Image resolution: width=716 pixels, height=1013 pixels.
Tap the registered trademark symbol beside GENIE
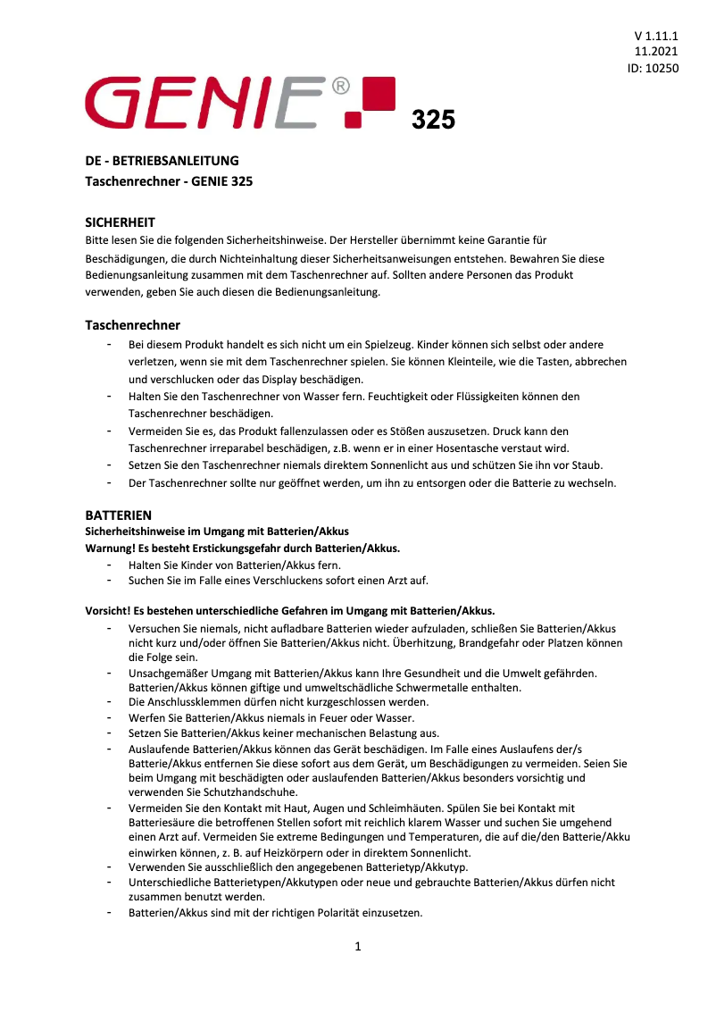[x=340, y=87]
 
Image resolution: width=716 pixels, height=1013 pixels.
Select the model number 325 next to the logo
[x=433, y=120]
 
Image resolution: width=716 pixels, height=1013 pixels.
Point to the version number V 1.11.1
[x=657, y=36]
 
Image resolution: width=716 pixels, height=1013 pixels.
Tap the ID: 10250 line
[x=654, y=67]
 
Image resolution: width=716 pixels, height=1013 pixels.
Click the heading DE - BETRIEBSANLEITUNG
[x=162, y=161]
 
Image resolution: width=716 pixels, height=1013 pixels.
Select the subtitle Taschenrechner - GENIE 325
[x=169, y=181]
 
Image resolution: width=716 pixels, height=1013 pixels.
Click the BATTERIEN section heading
[x=118, y=515]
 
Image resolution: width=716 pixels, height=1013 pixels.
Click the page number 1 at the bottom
[x=358, y=947]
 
